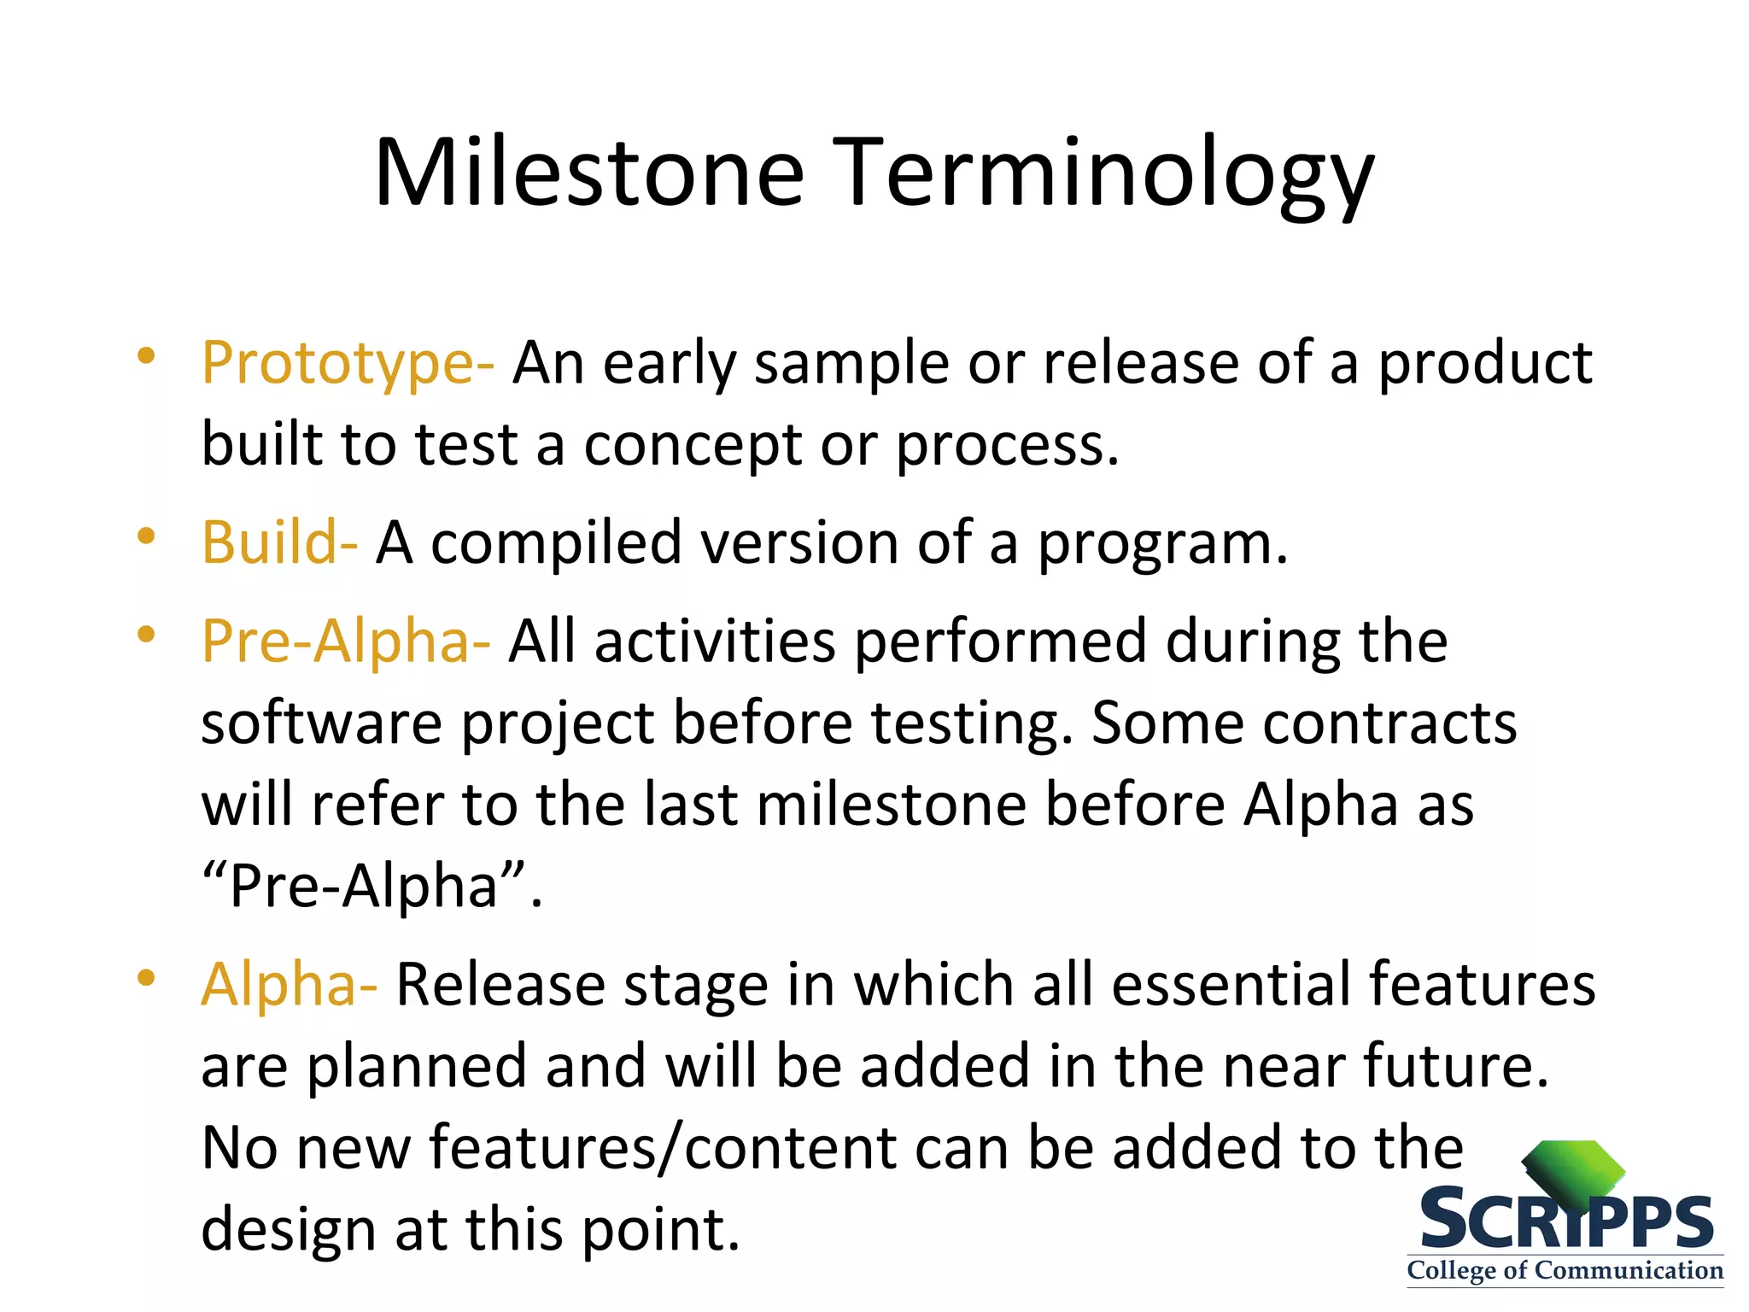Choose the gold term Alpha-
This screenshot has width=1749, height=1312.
pyautogui.click(x=289, y=984)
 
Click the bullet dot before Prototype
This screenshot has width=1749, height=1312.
pyautogui.click(x=146, y=355)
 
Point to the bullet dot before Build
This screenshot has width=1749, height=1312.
pyautogui.click(x=146, y=536)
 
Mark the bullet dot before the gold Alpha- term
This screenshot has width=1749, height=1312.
pyautogui.click(x=146, y=977)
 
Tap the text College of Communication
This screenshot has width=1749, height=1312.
pyautogui.click(x=1565, y=1270)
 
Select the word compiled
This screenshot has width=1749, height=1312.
pyautogui.click(x=556, y=543)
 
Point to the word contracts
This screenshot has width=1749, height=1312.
pyautogui.click(x=1389, y=723)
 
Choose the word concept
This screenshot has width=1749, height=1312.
pyautogui.click(x=693, y=446)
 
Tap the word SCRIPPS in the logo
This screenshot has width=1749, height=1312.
pyautogui.click(x=1566, y=1221)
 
